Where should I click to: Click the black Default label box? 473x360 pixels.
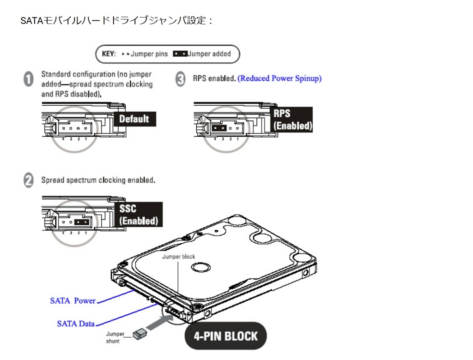pyautogui.click(x=134, y=119)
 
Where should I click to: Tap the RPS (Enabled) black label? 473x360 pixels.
pyautogui.click(x=292, y=120)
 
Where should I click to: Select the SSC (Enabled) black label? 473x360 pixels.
pyautogui.click(x=138, y=215)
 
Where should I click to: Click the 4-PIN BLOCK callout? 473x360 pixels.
pyautogui.click(x=225, y=336)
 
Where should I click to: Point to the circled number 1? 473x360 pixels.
pyautogui.click(x=28, y=79)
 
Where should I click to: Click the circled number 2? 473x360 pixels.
pyautogui.click(x=28, y=180)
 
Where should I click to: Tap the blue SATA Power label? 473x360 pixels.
pyautogui.click(x=73, y=301)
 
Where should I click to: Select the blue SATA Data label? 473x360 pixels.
pyautogui.click(x=76, y=324)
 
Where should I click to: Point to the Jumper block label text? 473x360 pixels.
pyautogui.click(x=178, y=257)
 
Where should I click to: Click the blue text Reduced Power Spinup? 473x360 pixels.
pyautogui.click(x=279, y=78)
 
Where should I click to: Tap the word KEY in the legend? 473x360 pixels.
pyautogui.click(x=109, y=54)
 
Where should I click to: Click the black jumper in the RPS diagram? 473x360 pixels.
pyautogui.click(x=220, y=127)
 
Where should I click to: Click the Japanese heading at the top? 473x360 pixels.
pyautogui.click(x=116, y=22)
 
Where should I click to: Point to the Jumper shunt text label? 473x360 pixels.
pyautogui.click(x=112, y=337)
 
